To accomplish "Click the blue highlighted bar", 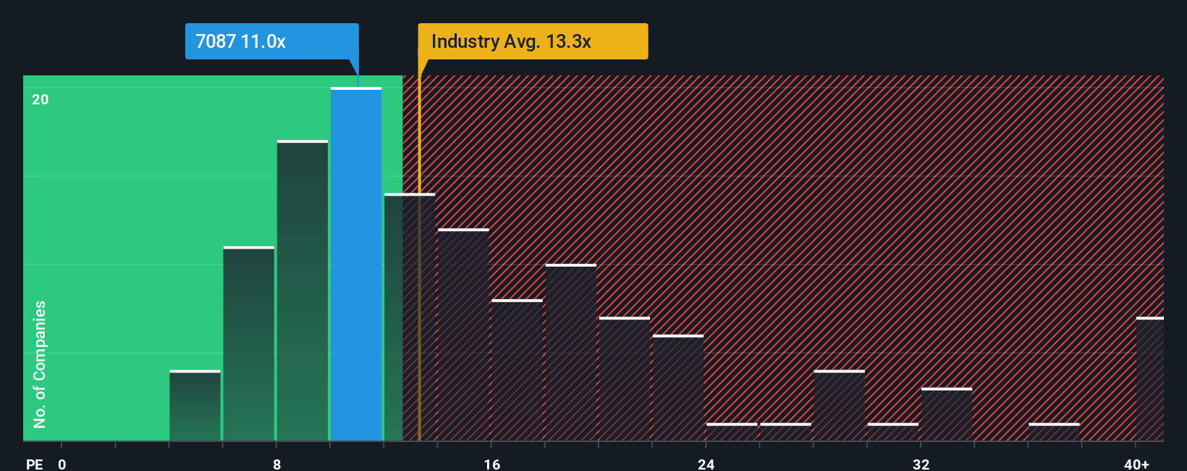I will click(356, 264).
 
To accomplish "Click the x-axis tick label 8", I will click(277, 464).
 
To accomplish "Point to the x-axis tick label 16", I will click(492, 464).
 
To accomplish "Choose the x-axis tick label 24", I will click(706, 464).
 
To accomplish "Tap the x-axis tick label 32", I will click(921, 464).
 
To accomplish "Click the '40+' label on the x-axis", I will click(1136, 464).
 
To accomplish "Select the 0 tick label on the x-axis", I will click(62, 464).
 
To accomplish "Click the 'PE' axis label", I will click(35, 464).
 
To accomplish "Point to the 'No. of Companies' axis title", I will click(40, 364).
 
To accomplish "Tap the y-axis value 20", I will click(41, 99).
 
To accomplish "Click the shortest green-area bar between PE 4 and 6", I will click(195, 406).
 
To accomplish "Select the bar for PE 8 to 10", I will click(303, 290).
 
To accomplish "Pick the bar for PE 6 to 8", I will click(249, 344).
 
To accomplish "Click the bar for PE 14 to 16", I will click(463, 335).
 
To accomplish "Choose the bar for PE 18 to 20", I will click(571, 353).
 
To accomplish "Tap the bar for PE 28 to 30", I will click(839, 406).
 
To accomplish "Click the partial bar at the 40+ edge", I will click(1149, 379).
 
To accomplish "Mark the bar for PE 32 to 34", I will click(947, 414).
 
